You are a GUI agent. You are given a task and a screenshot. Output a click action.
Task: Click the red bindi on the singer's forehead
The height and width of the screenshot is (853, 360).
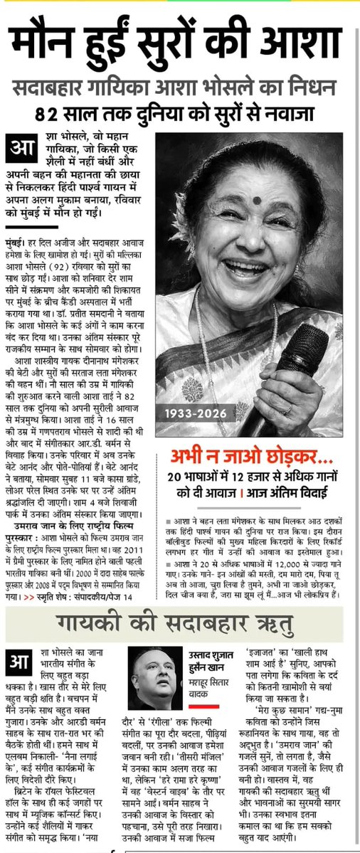coord(257,201)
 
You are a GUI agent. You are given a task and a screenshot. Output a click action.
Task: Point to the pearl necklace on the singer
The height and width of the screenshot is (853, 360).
coord(206,334)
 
